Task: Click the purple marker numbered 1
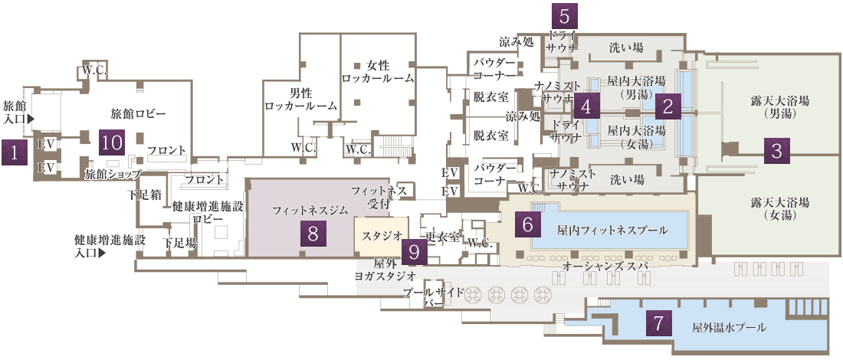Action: [x=14, y=153]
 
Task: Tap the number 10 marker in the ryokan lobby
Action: [x=112, y=142]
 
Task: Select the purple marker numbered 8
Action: [x=313, y=233]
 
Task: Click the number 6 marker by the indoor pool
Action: [x=527, y=223]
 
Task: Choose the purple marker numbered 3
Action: [x=777, y=151]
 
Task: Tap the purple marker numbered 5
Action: [x=565, y=15]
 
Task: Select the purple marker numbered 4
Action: [x=586, y=106]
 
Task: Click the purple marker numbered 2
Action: [x=668, y=106]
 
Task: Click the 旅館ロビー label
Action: [x=139, y=114]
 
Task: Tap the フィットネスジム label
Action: [x=300, y=208]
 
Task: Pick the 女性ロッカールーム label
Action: [x=379, y=71]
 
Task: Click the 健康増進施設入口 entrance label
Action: [x=110, y=245]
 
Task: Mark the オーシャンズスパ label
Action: [x=605, y=266]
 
